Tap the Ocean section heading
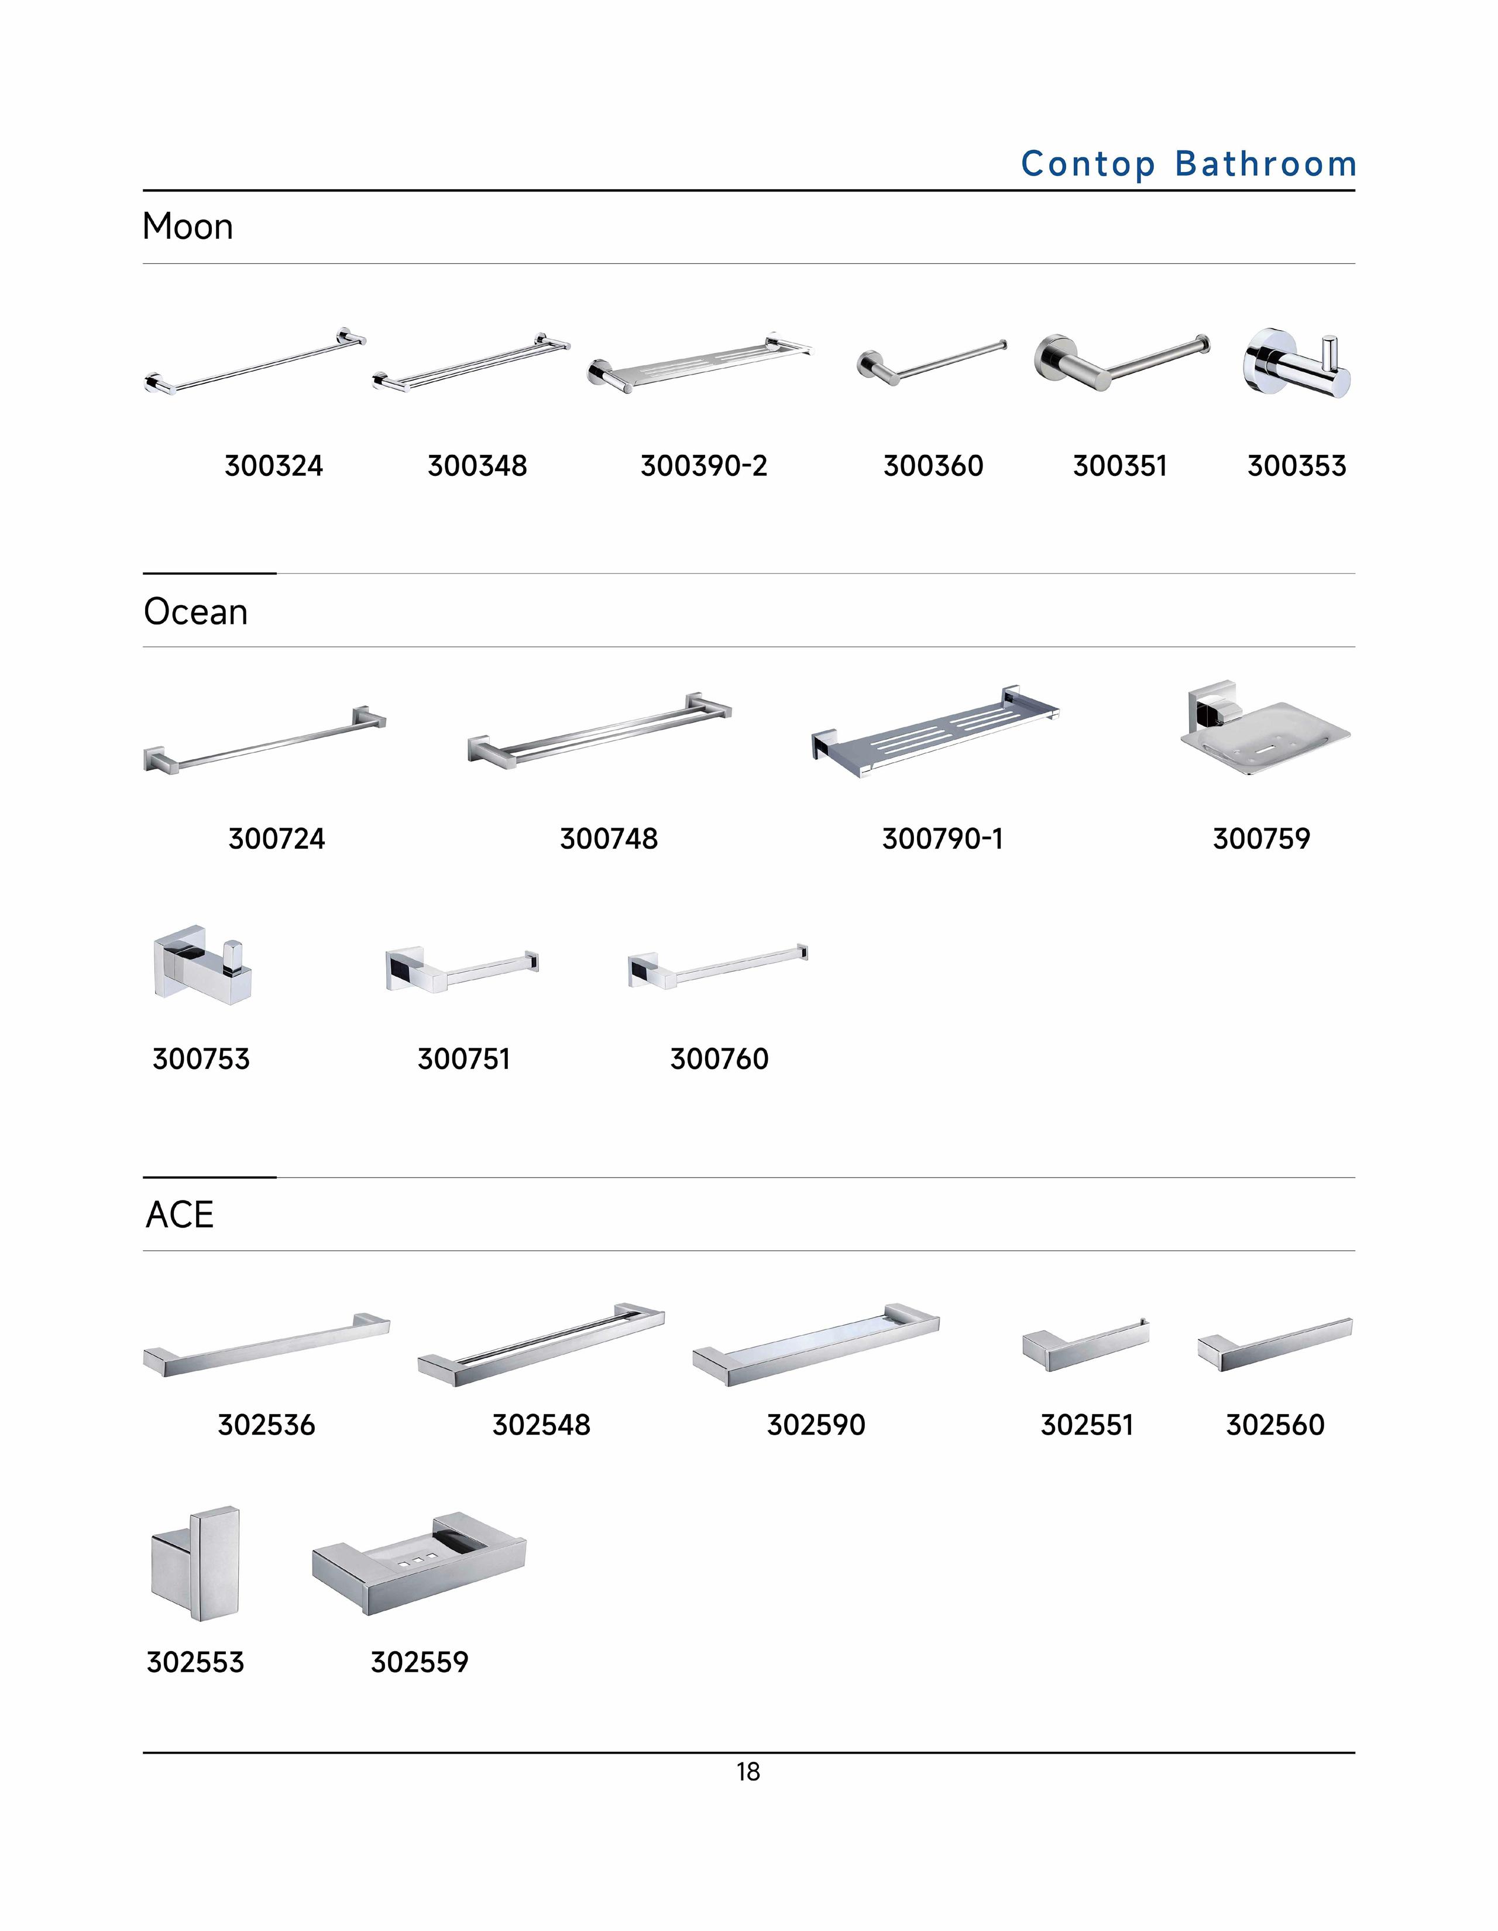tap(195, 612)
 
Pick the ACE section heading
tap(180, 1215)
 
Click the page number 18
tap(748, 1772)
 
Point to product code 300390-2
tap(703, 466)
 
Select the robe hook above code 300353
tap(1297, 363)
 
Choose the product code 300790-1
tap(942, 838)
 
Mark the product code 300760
tap(719, 1058)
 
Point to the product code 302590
tap(816, 1424)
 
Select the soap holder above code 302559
tap(419, 1562)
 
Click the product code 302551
tap(1086, 1424)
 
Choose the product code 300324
tap(273, 466)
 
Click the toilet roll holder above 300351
tap(1121, 362)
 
